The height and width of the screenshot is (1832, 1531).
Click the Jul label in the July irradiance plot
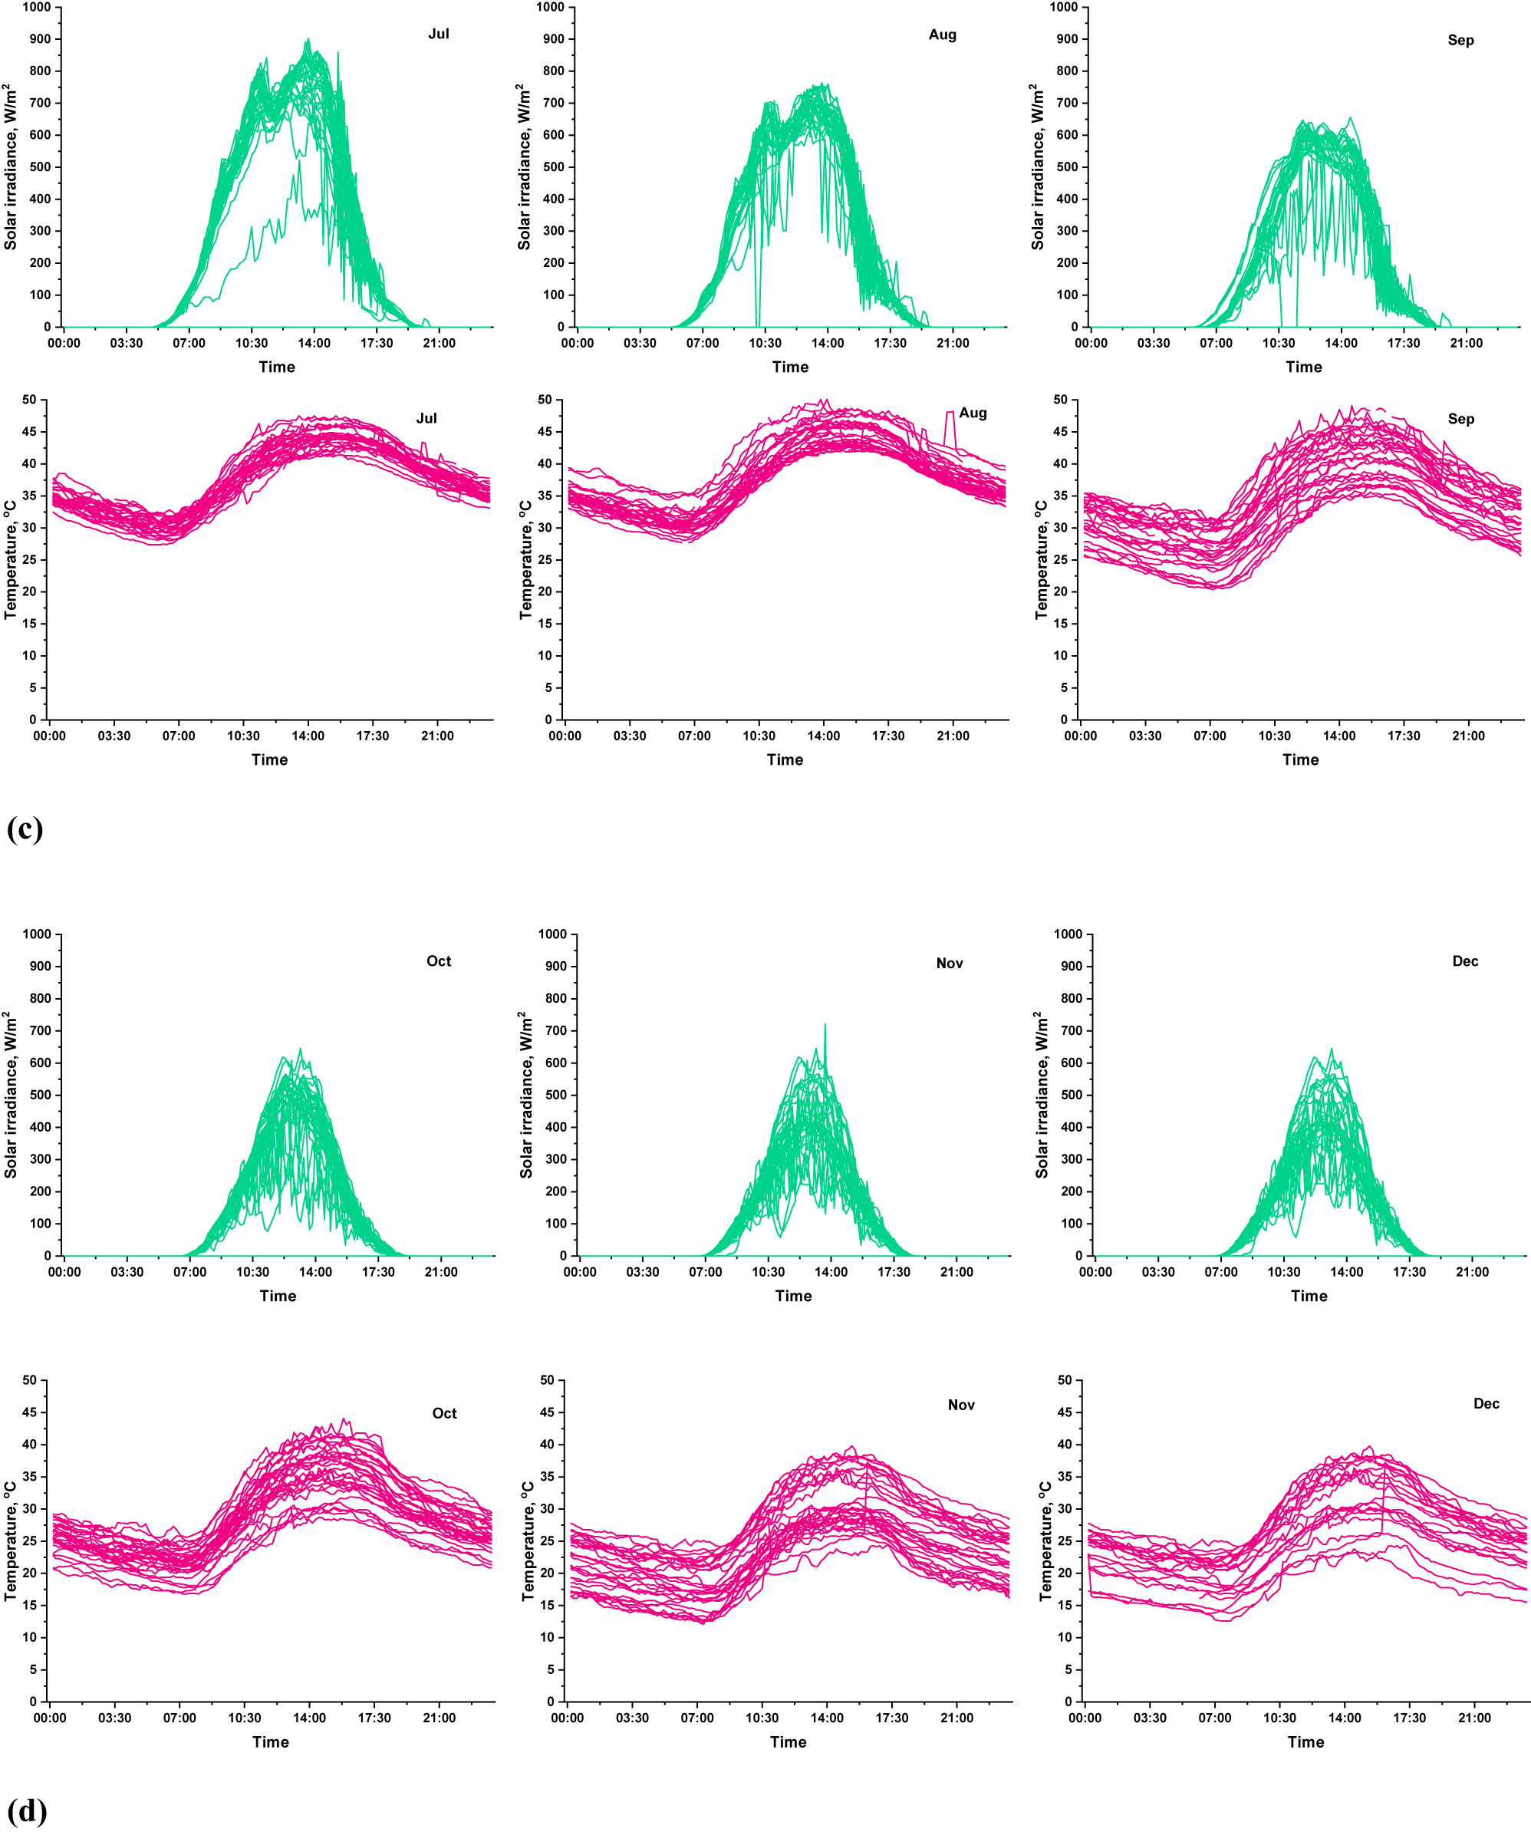coord(439,34)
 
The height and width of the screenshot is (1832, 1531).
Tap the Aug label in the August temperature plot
coord(973,413)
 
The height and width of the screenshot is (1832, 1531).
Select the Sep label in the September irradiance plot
coord(1460,40)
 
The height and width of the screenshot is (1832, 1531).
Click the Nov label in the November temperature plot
coord(960,1405)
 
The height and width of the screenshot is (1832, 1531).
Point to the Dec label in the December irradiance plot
coord(1465,961)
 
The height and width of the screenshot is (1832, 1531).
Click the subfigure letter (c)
coord(25,828)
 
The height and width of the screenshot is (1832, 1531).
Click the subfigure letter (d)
coord(25,1811)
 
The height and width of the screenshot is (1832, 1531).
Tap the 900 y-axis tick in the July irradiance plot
coord(40,39)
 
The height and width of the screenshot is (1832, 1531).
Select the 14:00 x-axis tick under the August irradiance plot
coord(827,343)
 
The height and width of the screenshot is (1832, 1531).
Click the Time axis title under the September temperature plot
coord(1300,759)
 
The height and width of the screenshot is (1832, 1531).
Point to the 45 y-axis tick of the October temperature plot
coord(30,1412)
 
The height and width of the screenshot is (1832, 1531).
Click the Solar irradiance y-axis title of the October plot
coord(11,1095)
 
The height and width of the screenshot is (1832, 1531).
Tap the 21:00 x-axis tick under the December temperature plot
coord(1474,1718)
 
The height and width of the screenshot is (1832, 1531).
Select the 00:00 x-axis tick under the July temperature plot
coord(50,736)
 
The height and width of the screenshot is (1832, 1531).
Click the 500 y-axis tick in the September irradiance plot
coord(1067,166)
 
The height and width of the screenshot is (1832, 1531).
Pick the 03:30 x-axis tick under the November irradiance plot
coord(642,1272)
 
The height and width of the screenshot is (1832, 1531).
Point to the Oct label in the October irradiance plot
coord(439,961)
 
